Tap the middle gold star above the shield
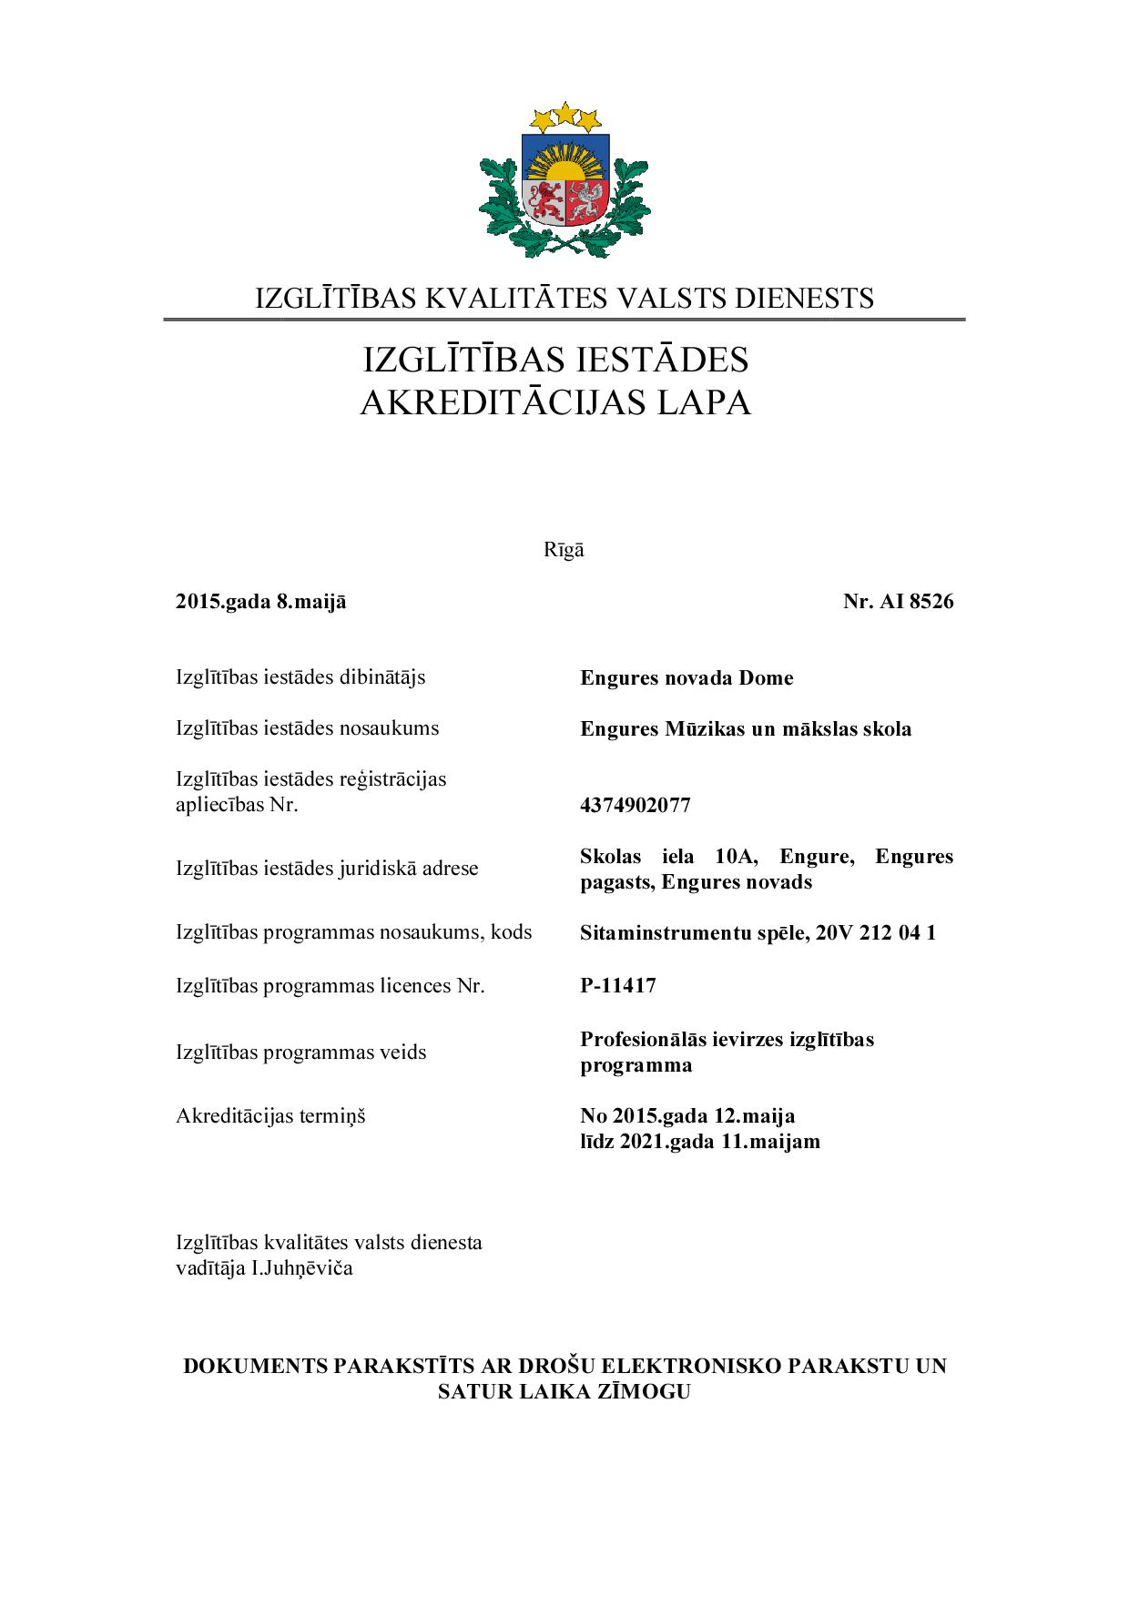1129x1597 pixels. (565, 114)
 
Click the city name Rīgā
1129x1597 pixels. (564, 550)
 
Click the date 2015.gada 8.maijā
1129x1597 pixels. (260, 601)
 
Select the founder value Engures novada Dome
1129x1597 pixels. (687, 677)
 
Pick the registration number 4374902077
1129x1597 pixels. (635, 805)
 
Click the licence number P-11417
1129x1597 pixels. (617, 985)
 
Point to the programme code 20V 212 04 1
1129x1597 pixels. (875, 932)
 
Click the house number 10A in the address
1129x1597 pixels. (736, 856)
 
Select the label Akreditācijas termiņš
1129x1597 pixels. (270, 1115)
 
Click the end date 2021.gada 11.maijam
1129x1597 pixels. (719, 1141)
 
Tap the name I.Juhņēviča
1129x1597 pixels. (301, 1267)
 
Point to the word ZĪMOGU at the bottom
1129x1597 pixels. (644, 1391)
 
